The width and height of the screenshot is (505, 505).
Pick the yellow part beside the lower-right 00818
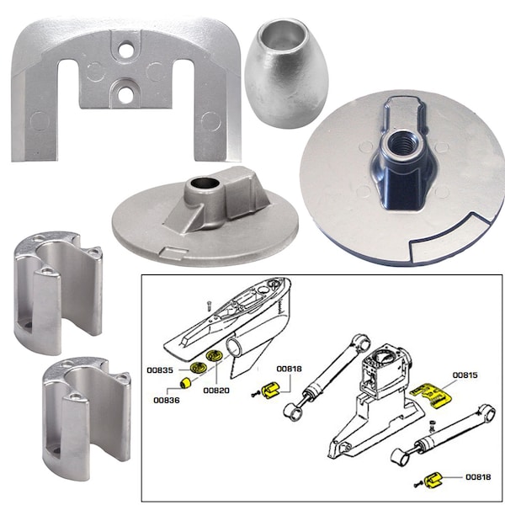click(434, 481)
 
